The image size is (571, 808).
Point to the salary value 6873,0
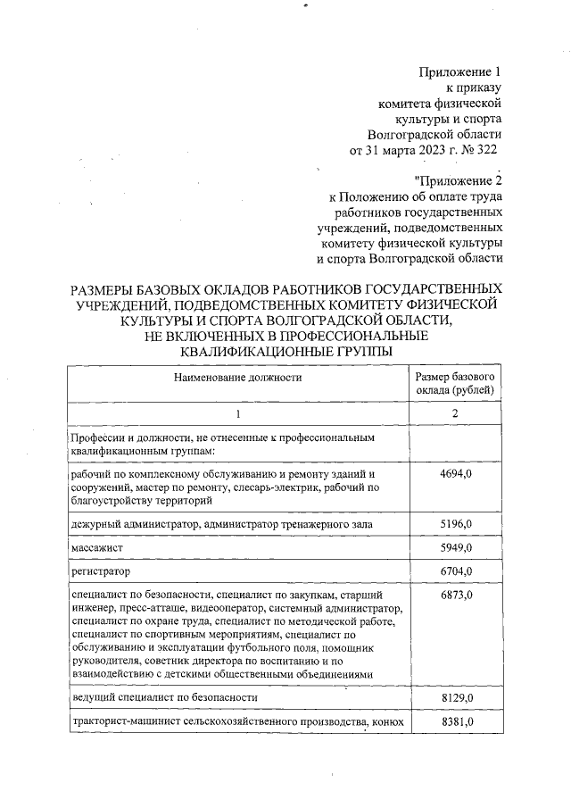455,594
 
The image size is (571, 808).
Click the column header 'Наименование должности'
238,378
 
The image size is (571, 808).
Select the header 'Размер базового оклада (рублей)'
455,384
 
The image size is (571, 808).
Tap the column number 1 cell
238,414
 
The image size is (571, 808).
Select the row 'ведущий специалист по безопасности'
164,697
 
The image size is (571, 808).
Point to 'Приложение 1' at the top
461,71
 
